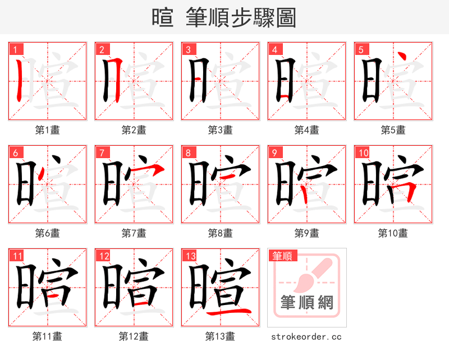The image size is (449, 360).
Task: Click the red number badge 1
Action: click(14, 49)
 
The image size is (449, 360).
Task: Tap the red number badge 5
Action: click(360, 49)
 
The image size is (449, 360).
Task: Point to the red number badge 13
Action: click(190, 256)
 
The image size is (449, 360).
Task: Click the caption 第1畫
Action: click(47, 130)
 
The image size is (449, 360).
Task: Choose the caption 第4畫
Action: click(306, 130)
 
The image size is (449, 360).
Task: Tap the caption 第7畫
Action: click(134, 233)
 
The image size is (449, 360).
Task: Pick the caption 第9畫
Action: click(306, 233)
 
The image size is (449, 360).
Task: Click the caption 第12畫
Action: click(134, 336)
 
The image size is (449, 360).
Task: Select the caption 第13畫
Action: click(220, 336)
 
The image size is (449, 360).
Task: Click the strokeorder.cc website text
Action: click(306, 336)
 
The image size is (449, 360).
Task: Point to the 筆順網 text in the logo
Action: click(306, 303)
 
